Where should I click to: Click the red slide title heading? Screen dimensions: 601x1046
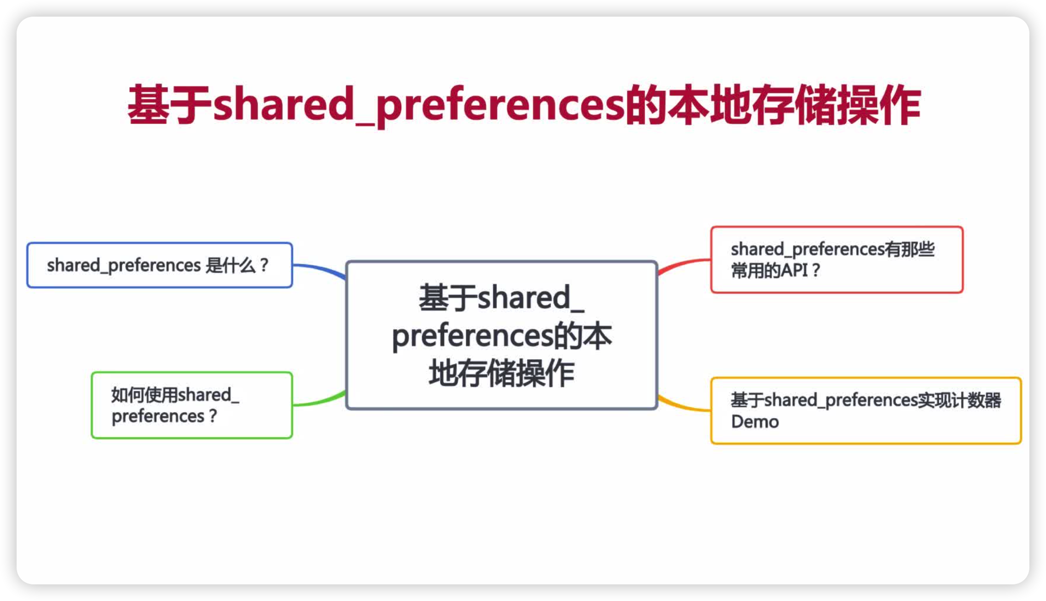click(524, 105)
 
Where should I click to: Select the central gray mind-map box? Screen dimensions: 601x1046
click(501, 335)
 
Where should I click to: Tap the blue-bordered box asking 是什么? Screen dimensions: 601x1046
click(160, 265)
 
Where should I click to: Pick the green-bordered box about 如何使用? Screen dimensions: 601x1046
click(192, 405)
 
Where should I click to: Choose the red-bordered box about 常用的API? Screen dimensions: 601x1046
click(837, 259)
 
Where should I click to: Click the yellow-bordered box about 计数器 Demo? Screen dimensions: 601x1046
click(866, 411)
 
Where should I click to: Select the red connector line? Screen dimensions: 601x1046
click(683, 264)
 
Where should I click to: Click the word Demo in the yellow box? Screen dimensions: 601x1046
click(755, 422)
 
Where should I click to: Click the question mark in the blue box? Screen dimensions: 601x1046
click(264, 265)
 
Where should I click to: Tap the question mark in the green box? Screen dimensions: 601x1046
click(213, 416)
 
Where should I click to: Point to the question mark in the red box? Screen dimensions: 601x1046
click(815, 270)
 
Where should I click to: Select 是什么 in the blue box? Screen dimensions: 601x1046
click(230, 265)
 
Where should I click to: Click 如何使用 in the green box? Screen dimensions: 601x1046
click(144, 395)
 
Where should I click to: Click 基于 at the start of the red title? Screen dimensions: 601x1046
click(169, 105)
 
